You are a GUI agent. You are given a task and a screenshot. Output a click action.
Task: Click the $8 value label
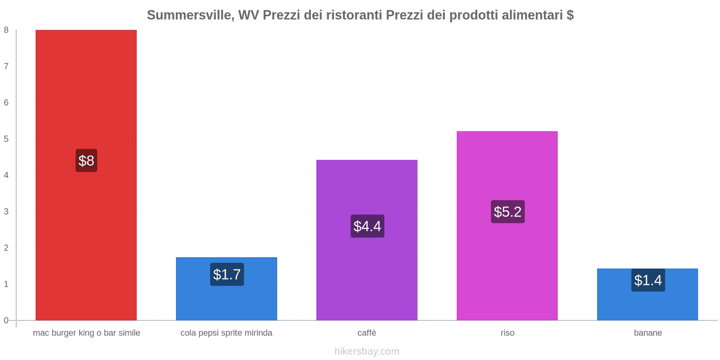pyautogui.click(x=86, y=161)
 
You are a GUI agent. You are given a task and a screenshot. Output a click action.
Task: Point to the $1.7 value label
pyautogui.click(x=227, y=274)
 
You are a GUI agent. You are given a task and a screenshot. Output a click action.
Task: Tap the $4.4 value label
pyautogui.click(x=367, y=226)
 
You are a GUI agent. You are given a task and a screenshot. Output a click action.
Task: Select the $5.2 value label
pyautogui.click(x=508, y=212)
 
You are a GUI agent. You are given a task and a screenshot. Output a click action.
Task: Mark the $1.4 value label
pyautogui.click(x=648, y=280)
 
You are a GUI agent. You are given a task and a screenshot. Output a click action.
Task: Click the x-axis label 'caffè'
pyautogui.click(x=367, y=333)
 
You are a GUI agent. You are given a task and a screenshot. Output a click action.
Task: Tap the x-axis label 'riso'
pyautogui.click(x=508, y=333)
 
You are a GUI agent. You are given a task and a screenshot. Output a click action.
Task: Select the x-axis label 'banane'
pyautogui.click(x=648, y=333)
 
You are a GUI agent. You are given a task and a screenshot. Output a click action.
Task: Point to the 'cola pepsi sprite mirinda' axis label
pyautogui.click(x=226, y=333)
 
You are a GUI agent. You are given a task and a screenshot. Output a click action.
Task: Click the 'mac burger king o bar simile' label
pyautogui.click(x=86, y=333)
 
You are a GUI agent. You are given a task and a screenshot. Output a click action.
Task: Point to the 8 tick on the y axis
pyautogui.click(x=6, y=30)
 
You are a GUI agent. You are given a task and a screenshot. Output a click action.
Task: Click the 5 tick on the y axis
pyautogui.click(x=6, y=139)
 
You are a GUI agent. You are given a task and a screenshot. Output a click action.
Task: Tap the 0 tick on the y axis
pyautogui.click(x=6, y=320)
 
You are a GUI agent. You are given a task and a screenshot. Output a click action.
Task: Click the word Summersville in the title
pyautogui.click(x=189, y=15)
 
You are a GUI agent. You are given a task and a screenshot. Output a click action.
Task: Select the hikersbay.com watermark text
pyautogui.click(x=367, y=351)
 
